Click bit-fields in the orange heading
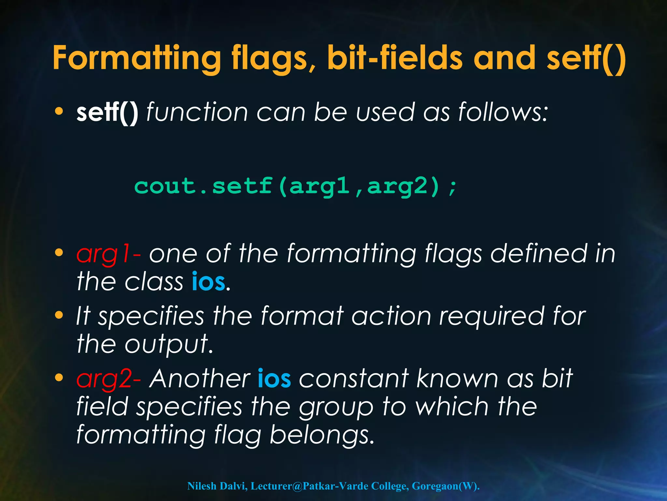(x=395, y=58)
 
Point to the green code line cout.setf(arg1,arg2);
(x=296, y=187)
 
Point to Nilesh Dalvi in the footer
(x=217, y=486)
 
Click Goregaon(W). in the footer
(x=446, y=486)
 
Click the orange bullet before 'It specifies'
(x=59, y=315)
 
